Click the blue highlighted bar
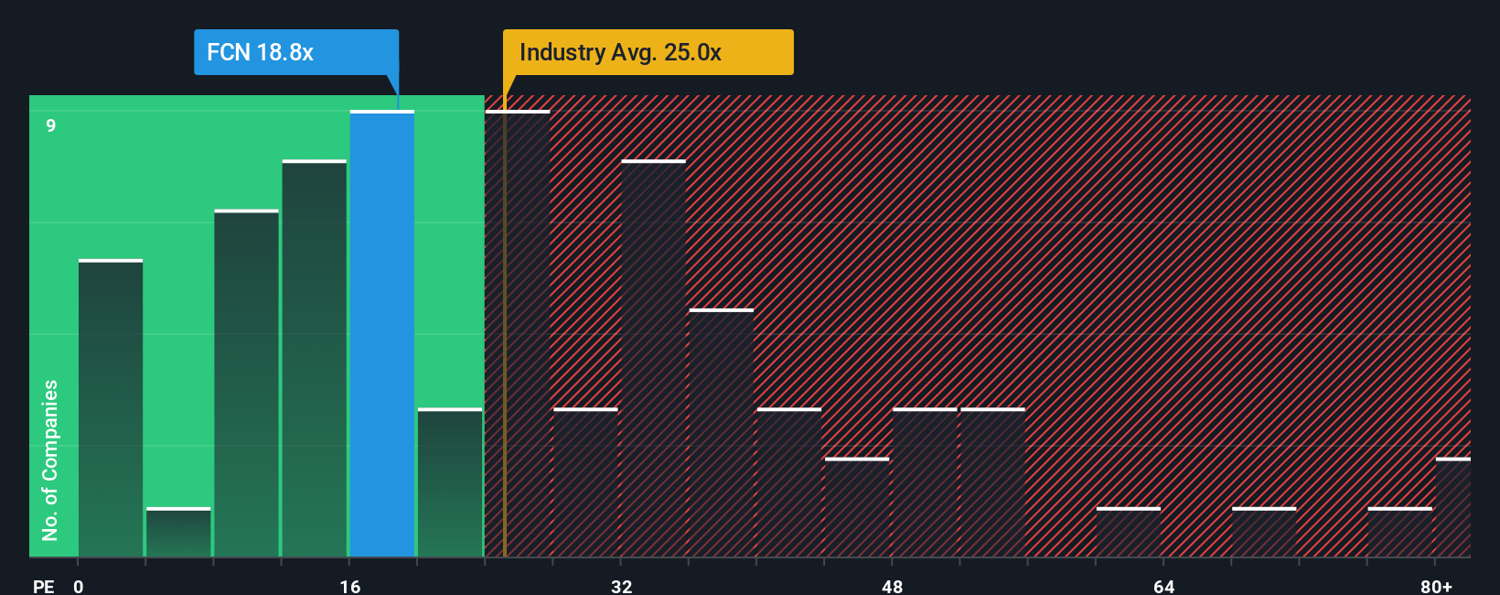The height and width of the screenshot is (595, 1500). click(x=382, y=334)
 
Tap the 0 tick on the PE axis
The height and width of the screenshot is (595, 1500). click(x=79, y=586)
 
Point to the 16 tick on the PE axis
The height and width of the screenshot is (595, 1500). click(x=350, y=586)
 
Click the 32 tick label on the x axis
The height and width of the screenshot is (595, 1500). click(x=622, y=586)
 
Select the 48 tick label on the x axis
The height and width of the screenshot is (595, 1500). click(x=893, y=586)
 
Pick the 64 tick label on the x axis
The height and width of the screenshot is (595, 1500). click(x=1163, y=586)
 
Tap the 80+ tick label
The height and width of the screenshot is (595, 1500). click(x=1436, y=586)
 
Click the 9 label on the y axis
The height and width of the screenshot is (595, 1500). click(x=51, y=125)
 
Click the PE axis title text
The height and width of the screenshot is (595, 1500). click(x=43, y=586)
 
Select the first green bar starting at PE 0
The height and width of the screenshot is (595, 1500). click(x=111, y=408)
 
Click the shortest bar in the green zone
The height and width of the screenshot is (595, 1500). click(x=178, y=533)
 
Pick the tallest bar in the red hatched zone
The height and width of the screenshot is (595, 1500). click(x=518, y=334)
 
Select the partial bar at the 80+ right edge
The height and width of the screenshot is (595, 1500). click(x=1452, y=507)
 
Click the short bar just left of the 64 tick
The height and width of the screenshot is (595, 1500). click(x=1128, y=533)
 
